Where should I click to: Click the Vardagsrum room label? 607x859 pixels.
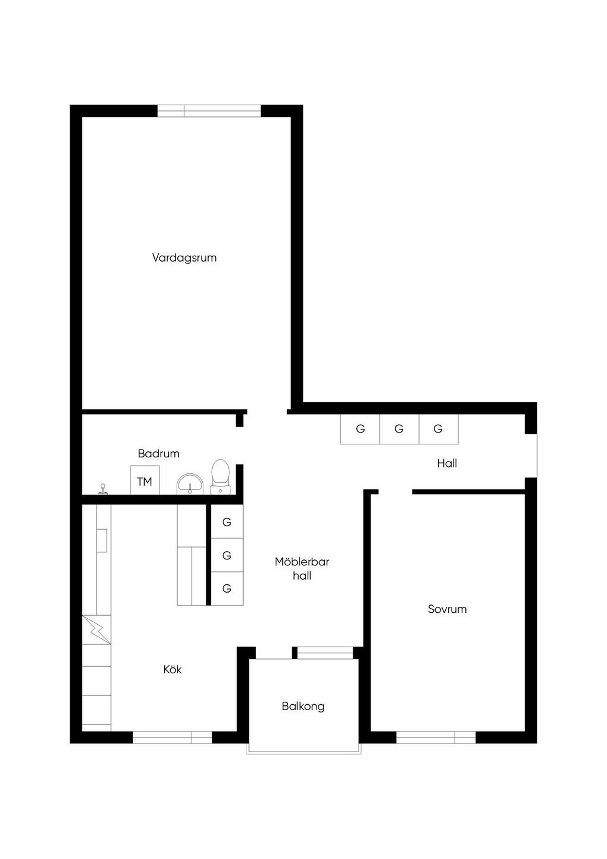coord(184,257)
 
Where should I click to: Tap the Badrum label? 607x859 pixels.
coord(159,454)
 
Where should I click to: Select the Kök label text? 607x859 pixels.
coord(172,670)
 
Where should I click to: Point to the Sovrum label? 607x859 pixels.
coord(447,609)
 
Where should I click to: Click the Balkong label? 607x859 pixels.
coord(303,707)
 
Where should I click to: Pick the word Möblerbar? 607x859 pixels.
coord(302,562)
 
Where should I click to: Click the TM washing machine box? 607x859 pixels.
coord(145,480)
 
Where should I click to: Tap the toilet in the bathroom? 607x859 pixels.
coord(221,477)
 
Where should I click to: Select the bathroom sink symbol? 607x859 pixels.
coord(190,484)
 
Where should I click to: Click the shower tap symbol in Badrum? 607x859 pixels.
coord(103,489)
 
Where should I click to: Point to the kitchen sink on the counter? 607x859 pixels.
coord(101,540)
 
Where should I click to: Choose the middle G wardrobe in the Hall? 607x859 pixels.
coord(400,429)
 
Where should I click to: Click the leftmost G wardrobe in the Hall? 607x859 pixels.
coord(360,429)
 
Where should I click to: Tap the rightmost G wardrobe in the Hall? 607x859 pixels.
coord(439,429)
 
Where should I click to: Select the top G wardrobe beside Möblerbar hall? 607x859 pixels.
coord(227,521)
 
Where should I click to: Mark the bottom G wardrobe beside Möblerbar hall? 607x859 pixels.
coord(227,588)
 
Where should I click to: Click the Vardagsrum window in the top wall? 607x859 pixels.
coord(209,111)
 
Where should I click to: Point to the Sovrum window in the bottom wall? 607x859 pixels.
coord(436,737)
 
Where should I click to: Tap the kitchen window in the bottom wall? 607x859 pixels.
coord(172,737)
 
